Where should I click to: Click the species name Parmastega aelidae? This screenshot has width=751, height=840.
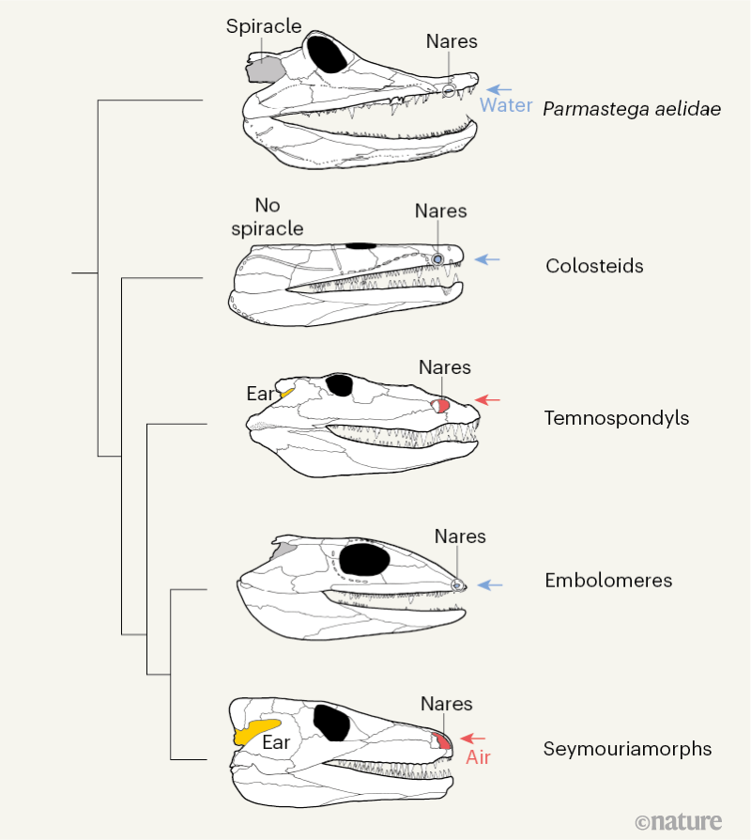(632, 108)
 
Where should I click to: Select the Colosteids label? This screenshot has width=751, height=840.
(594, 266)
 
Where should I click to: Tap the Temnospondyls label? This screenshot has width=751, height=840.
(617, 418)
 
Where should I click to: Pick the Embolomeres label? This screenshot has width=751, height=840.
(608, 581)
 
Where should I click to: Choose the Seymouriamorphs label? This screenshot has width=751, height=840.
(627, 749)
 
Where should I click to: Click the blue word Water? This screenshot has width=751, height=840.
(506, 105)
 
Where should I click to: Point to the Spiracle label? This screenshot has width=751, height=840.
(264, 26)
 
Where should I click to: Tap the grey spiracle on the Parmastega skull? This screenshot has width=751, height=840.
(266, 69)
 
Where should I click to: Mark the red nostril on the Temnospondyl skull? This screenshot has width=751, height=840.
(441, 405)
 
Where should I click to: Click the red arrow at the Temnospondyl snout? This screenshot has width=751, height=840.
(487, 399)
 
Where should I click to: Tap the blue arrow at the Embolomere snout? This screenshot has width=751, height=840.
(490, 584)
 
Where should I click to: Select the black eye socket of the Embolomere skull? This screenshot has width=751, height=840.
(363, 560)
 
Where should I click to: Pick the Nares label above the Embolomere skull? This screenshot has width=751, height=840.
(460, 537)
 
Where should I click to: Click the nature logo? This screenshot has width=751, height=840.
(678, 821)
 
